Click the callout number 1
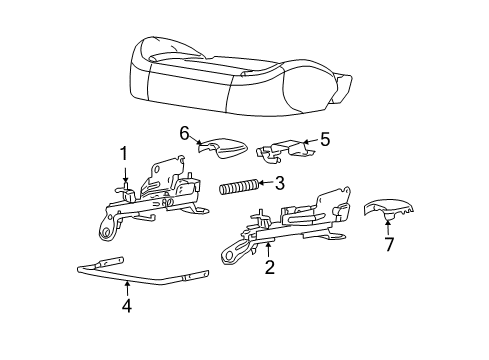(124, 154)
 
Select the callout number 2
(270, 267)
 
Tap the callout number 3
(279, 183)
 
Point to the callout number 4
(127, 305)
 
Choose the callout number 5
(325, 139)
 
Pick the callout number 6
(184, 133)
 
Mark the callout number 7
(389, 244)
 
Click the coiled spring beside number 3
(239, 186)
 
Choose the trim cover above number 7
(389, 209)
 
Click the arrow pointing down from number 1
(125, 175)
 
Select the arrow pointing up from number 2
(268, 250)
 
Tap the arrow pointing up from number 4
(127, 289)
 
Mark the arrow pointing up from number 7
(388, 228)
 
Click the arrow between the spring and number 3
(266, 183)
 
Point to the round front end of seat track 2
(229, 256)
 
